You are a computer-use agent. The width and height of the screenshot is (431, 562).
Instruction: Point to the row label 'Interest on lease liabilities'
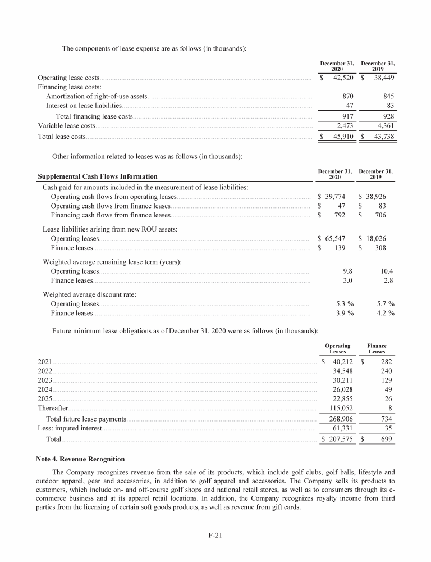(x=84, y=106)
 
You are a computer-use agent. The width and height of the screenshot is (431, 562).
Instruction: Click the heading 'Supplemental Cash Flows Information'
(x=98, y=176)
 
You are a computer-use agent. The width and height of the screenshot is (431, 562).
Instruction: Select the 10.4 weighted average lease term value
(x=386, y=271)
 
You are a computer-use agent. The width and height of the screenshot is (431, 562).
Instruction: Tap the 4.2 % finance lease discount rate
(x=385, y=313)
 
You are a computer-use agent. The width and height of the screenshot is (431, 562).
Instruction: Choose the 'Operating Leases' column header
(x=337, y=348)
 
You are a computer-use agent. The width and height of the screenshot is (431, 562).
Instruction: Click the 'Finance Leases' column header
(x=377, y=348)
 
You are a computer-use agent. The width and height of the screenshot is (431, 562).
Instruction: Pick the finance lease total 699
(x=386, y=439)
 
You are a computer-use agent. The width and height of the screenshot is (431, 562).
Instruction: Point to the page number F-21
(x=215, y=535)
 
